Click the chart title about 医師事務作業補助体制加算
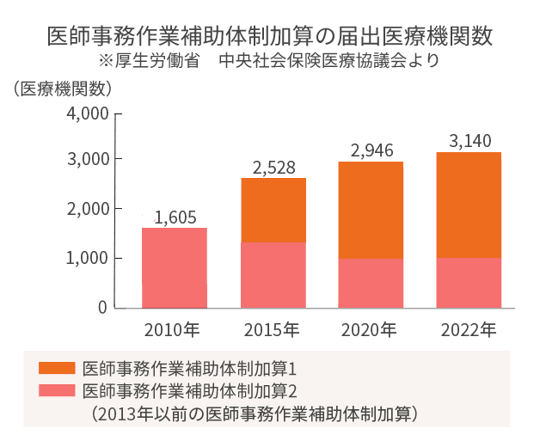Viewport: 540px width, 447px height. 270,38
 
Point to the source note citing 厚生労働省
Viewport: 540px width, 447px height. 269,61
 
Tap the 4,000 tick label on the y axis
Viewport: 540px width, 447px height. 87,113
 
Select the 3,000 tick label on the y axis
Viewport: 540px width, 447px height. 87,160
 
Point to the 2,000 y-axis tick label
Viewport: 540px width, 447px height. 87,209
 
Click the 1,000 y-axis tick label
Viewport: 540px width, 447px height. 87,258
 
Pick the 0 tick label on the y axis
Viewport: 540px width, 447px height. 102,307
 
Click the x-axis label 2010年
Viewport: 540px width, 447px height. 173,329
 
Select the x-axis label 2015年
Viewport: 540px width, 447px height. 272,329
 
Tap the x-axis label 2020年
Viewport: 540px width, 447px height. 369,329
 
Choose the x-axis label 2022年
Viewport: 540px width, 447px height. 468,329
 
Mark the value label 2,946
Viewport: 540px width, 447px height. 371,150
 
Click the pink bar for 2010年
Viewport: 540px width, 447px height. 175,267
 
